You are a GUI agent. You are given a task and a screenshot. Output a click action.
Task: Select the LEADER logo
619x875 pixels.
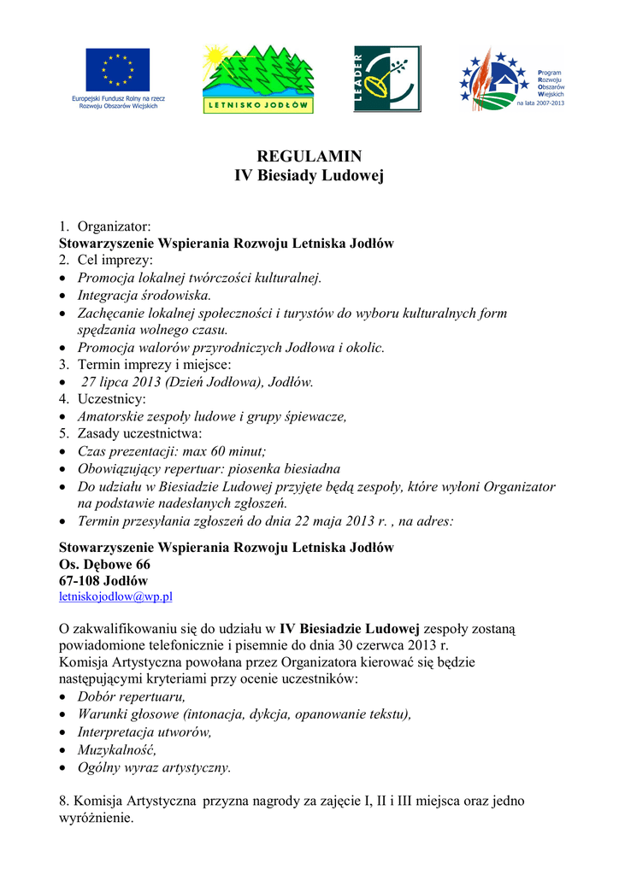tap(387, 79)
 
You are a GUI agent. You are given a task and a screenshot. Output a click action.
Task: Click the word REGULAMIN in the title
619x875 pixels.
tap(309, 156)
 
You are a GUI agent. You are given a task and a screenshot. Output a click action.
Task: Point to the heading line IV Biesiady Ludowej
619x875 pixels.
tap(309, 176)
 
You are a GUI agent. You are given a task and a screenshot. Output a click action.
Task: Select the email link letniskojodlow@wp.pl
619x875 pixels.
tap(115, 596)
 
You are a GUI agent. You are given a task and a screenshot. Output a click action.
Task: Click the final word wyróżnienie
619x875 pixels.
tap(95, 818)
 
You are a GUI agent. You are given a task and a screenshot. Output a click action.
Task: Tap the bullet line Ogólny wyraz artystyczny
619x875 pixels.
tap(154, 767)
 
